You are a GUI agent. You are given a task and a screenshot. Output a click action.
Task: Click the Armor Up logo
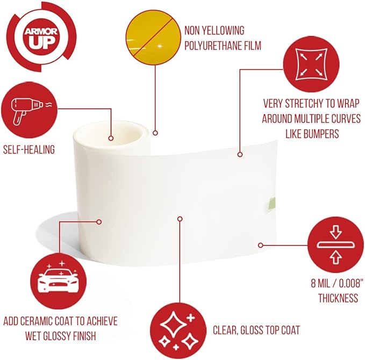click(41, 37)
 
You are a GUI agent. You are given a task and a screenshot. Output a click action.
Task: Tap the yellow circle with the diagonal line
click(153, 37)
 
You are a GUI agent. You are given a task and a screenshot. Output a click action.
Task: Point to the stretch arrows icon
click(311, 64)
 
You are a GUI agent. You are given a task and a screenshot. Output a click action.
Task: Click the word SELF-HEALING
click(29, 149)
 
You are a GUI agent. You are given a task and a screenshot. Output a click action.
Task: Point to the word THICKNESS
click(338, 298)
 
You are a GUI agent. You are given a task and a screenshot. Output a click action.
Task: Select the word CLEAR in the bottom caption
click(225, 330)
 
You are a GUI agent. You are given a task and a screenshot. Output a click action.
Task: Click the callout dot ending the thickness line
click(261, 245)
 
